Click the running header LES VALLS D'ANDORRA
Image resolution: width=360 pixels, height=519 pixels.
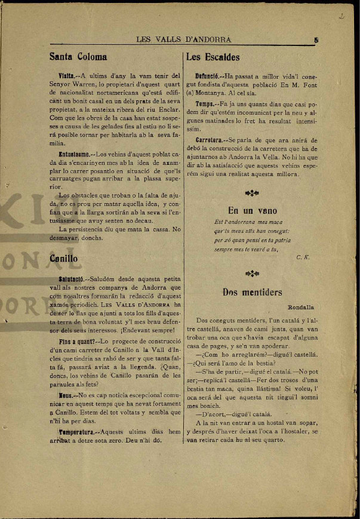(183, 40)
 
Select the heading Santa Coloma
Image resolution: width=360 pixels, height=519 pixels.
(78, 57)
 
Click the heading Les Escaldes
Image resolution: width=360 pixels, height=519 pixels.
(213, 57)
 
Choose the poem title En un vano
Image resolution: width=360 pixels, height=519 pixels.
(253, 210)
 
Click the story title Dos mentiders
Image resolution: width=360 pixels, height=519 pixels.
(252, 292)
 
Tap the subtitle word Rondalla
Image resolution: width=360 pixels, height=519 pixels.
(301, 307)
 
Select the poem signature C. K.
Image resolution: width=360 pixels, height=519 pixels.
(302, 257)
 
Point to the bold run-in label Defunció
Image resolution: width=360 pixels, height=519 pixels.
(209, 76)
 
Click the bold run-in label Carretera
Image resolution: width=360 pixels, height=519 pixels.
(210, 140)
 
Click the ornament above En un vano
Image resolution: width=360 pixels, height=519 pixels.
(252, 192)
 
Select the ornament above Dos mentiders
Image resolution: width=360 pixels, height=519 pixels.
(252, 274)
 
